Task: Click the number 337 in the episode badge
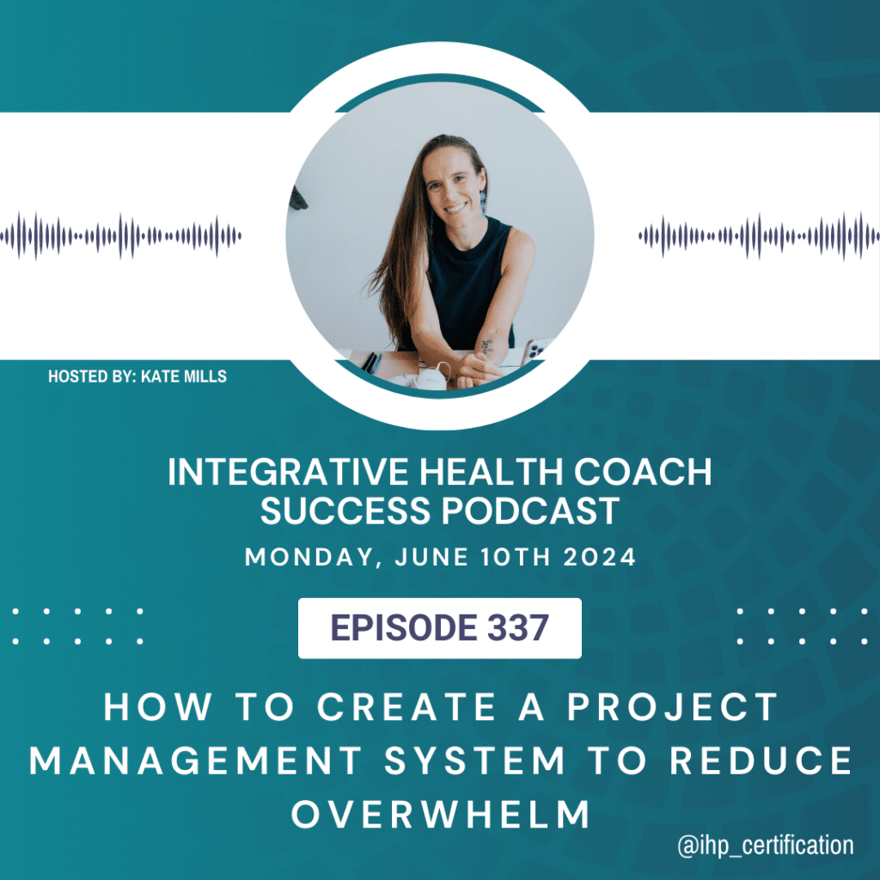[517, 627]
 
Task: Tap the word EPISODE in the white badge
[404, 627]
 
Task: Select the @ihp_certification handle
[766, 846]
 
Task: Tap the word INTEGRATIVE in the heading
[288, 472]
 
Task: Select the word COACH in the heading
[643, 472]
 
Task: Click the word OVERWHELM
[440, 815]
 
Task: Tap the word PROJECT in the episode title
[672, 706]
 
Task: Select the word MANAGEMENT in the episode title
[196, 761]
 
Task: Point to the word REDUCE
[761, 761]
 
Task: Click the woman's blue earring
[482, 203]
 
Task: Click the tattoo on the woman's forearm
[487, 347]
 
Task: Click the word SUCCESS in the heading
[345, 510]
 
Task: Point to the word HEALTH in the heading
[491, 472]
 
